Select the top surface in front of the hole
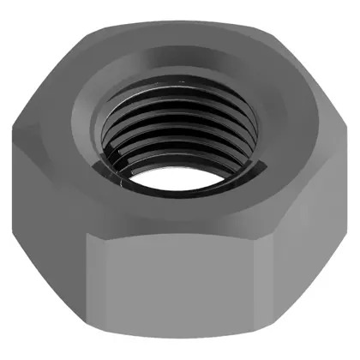click(x=180, y=210)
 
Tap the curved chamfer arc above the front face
click(x=180, y=230)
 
